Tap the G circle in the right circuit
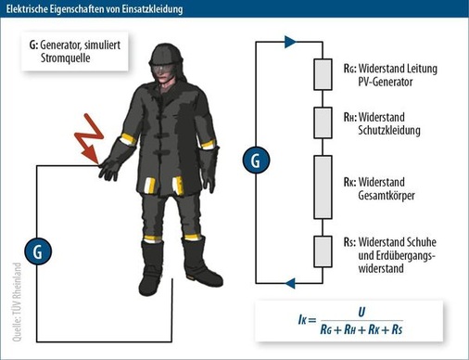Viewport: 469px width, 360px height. [x=256, y=161]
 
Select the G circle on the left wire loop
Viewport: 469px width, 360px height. [x=38, y=251]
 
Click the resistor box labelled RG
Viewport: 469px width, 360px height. [x=323, y=74]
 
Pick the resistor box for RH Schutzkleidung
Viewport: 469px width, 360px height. [x=323, y=122]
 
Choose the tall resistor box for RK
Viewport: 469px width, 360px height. [x=323, y=187]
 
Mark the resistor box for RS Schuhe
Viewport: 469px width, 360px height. [x=323, y=251]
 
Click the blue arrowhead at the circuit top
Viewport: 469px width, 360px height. [x=290, y=42]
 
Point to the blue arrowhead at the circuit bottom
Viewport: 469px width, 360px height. [x=290, y=283]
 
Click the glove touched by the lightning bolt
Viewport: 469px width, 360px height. [x=109, y=169]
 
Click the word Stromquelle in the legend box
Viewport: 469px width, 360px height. [x=66, y=58]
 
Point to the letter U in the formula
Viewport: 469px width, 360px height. [x=361, y=312]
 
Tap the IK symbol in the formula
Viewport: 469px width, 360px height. [x=302, y=320]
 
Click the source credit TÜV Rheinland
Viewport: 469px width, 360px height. [x=17, y=302]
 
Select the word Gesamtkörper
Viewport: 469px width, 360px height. [x=387, y=196]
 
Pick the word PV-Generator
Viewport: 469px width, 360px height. [x=386, y=82]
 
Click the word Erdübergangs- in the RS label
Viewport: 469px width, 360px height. [x=397, y=256]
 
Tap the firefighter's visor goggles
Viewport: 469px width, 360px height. [x=164, y=67]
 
